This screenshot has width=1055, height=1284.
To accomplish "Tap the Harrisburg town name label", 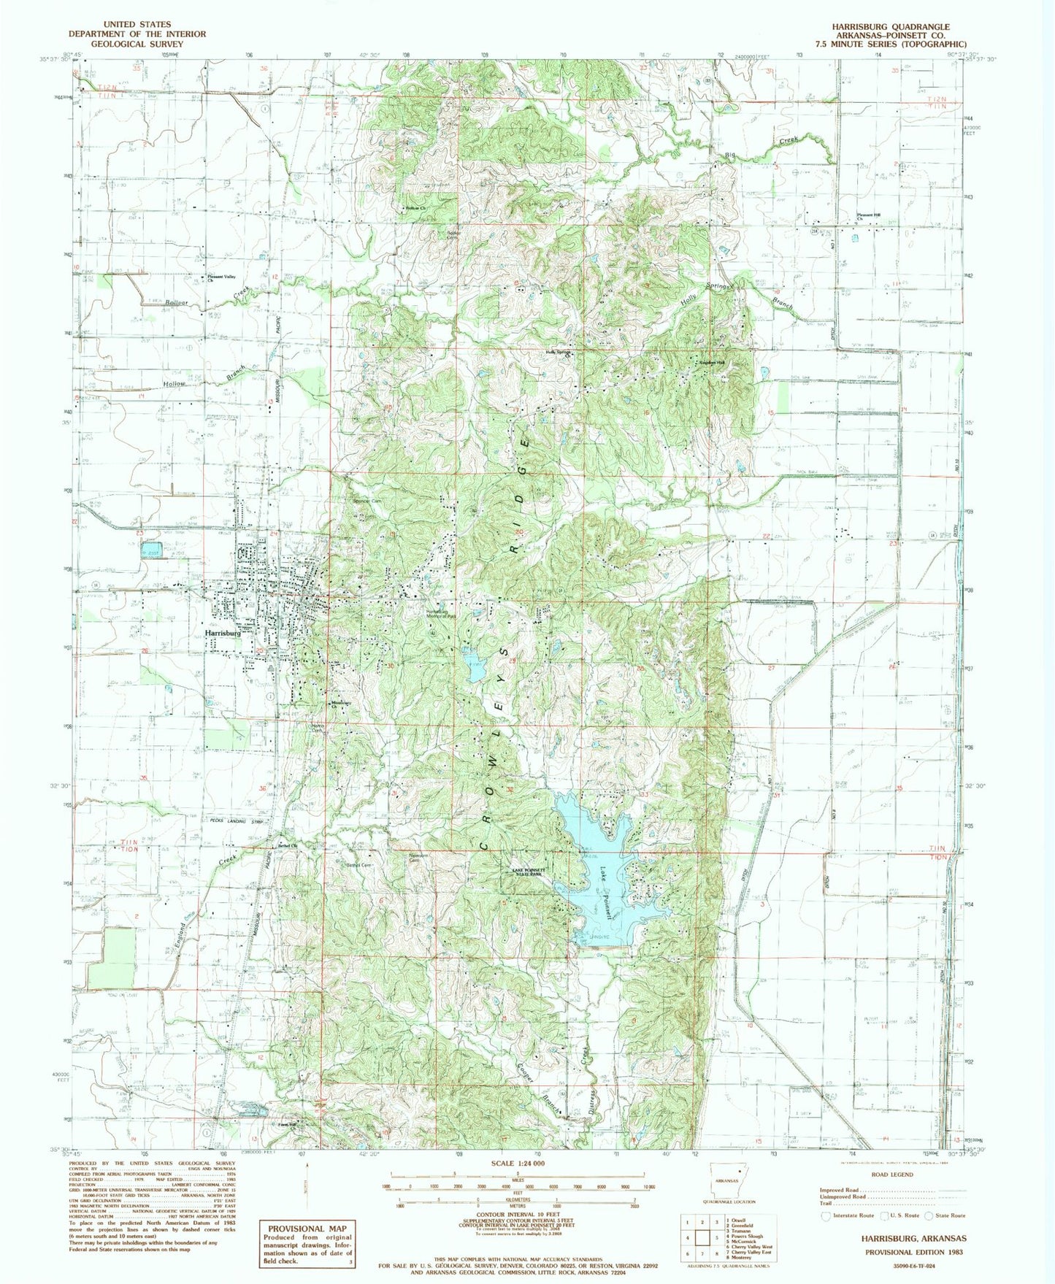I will [223, 633].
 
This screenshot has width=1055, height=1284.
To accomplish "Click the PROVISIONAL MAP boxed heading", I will [306, 1229].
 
